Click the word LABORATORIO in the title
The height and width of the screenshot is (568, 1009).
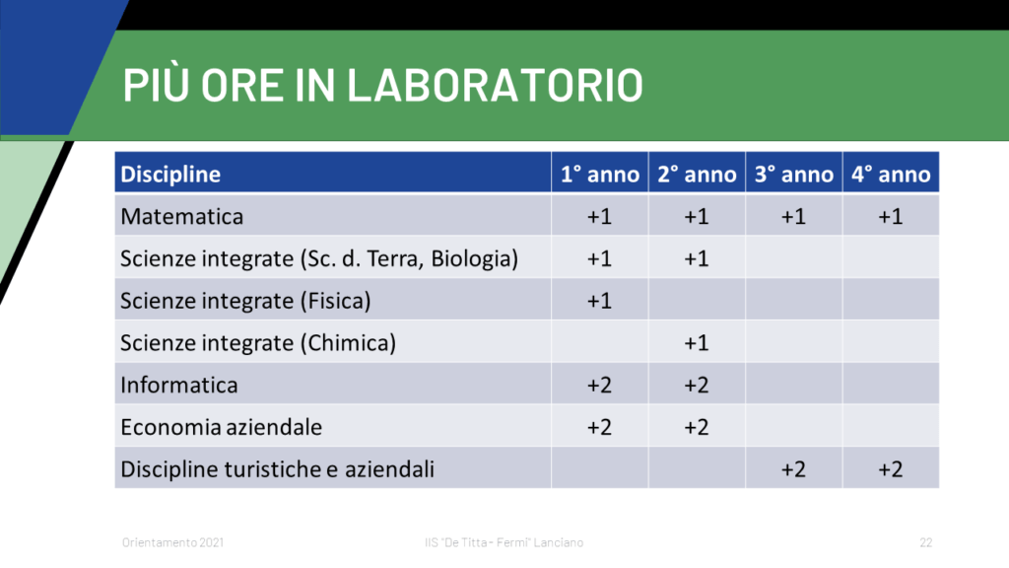[x=495, y=86]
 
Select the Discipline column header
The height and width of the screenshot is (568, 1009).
[x=170, y=174]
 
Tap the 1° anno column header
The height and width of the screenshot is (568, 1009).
[x=600, y=174]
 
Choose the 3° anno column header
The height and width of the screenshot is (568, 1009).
[x=793, y=174]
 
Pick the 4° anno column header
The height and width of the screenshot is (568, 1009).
[x=891, y=174]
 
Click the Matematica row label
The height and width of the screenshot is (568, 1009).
[x=182, y=216]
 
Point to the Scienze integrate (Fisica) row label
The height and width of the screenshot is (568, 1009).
[x=245, y=301]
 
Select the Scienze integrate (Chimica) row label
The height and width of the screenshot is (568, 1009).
[x=258, y=342]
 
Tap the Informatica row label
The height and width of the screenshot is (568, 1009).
[x=179, y=386]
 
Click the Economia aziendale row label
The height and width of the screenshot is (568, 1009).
[x=222, y=427]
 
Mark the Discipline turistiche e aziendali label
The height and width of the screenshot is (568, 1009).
[x=277, y=469]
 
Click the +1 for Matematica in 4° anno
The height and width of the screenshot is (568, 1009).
[x=891, y=216]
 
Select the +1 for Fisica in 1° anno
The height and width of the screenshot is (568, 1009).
[x=600, y=301]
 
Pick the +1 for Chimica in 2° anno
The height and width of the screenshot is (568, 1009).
[x=697, y=342]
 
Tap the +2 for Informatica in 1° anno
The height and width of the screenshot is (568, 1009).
[x=600, y=386]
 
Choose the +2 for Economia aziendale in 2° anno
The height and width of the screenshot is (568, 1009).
[x=697, y=427]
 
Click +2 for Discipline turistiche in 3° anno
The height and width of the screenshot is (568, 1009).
[x=793, y=469]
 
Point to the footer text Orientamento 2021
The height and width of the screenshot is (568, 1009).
[x=173, y=542]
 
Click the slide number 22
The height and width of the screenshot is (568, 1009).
[x=926, y=542]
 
